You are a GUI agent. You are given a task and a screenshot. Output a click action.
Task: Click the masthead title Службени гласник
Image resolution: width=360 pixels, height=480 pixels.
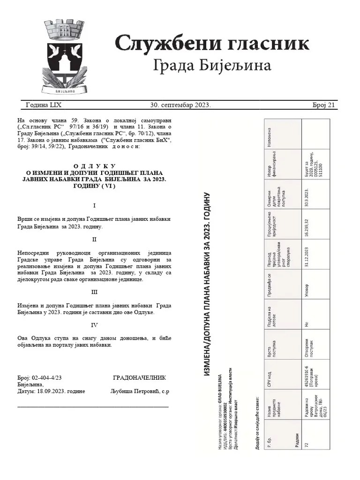pos(212,44)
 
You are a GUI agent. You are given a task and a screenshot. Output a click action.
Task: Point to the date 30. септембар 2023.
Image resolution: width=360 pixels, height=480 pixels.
pos(180,105)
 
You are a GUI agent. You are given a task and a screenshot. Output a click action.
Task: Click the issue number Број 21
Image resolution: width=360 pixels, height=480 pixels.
pos(323,105)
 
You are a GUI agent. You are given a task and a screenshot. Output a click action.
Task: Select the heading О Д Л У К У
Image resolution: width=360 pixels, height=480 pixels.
pos(95,166)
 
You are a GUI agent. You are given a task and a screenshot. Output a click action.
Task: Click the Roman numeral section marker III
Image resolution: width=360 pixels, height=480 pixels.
pos(94,292)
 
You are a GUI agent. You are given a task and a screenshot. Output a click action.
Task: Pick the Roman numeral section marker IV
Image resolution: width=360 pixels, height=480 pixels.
pos(94,324)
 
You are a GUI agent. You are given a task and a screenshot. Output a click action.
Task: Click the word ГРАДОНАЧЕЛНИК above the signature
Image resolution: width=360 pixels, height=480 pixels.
pos(139,377)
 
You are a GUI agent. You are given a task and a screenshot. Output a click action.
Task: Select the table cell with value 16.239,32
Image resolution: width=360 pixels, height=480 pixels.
pos(306,224)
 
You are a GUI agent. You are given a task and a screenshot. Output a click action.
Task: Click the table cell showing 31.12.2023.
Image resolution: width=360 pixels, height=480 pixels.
pos(306,254)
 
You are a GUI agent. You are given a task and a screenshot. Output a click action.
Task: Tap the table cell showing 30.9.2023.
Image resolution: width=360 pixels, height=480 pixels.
pos(306,194)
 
